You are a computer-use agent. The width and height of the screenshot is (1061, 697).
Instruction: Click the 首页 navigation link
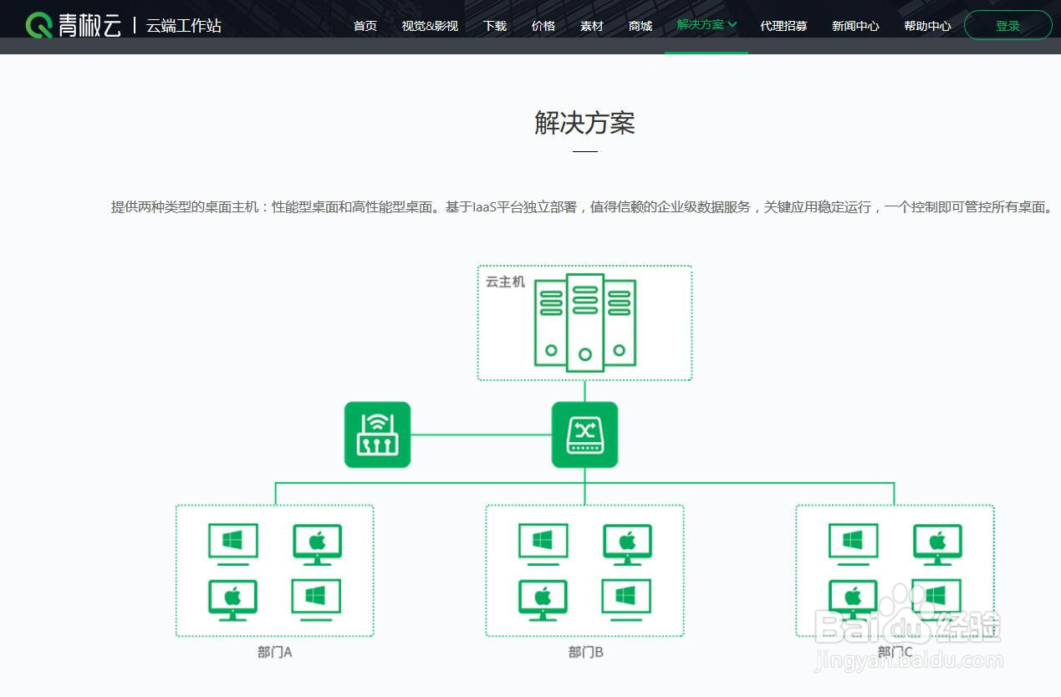[x=365, y=26]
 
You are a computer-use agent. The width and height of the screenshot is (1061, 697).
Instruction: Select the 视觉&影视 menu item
[x=430, y=26]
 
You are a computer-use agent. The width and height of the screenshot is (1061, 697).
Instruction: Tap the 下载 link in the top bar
[x=495, y=26]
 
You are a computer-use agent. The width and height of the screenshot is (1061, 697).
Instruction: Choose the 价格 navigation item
[x=543, y=26]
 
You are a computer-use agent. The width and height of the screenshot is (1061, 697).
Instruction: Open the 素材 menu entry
[x=592, y=26]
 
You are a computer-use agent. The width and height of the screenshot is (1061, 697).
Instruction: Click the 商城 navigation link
[x=640, y=26]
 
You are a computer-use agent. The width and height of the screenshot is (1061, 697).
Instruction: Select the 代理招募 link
[x=783, y=26]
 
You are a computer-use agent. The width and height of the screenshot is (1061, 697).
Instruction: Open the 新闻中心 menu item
[x=855, y=26]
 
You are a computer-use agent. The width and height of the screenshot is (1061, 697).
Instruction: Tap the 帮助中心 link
[x=927, y=26]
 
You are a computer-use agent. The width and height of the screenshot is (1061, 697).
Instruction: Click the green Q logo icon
[x=39, y=25]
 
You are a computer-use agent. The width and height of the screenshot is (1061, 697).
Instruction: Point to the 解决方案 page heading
[x=584, y=123]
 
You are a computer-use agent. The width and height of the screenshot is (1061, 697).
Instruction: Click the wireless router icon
[x=377, y=435]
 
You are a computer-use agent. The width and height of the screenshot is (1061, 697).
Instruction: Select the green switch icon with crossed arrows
[x=584, y=435]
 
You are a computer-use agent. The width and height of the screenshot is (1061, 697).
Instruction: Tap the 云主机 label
[x=505, y=282]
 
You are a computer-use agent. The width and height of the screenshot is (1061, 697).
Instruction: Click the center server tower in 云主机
[x=585, y=322]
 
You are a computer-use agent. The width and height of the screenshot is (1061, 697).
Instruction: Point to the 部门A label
[x=274, y=652]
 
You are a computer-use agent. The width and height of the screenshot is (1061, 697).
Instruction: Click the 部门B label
[x=585, y=652]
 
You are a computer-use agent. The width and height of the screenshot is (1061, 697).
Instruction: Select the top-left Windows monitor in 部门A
[x=233, y=543]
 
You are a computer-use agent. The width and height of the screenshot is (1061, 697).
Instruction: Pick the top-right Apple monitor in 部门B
[x=628, y=543]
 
